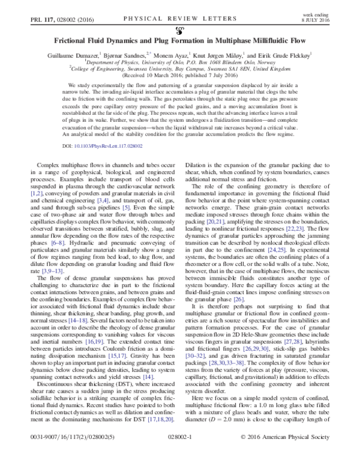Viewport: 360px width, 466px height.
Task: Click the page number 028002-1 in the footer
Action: tap(181, 456)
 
